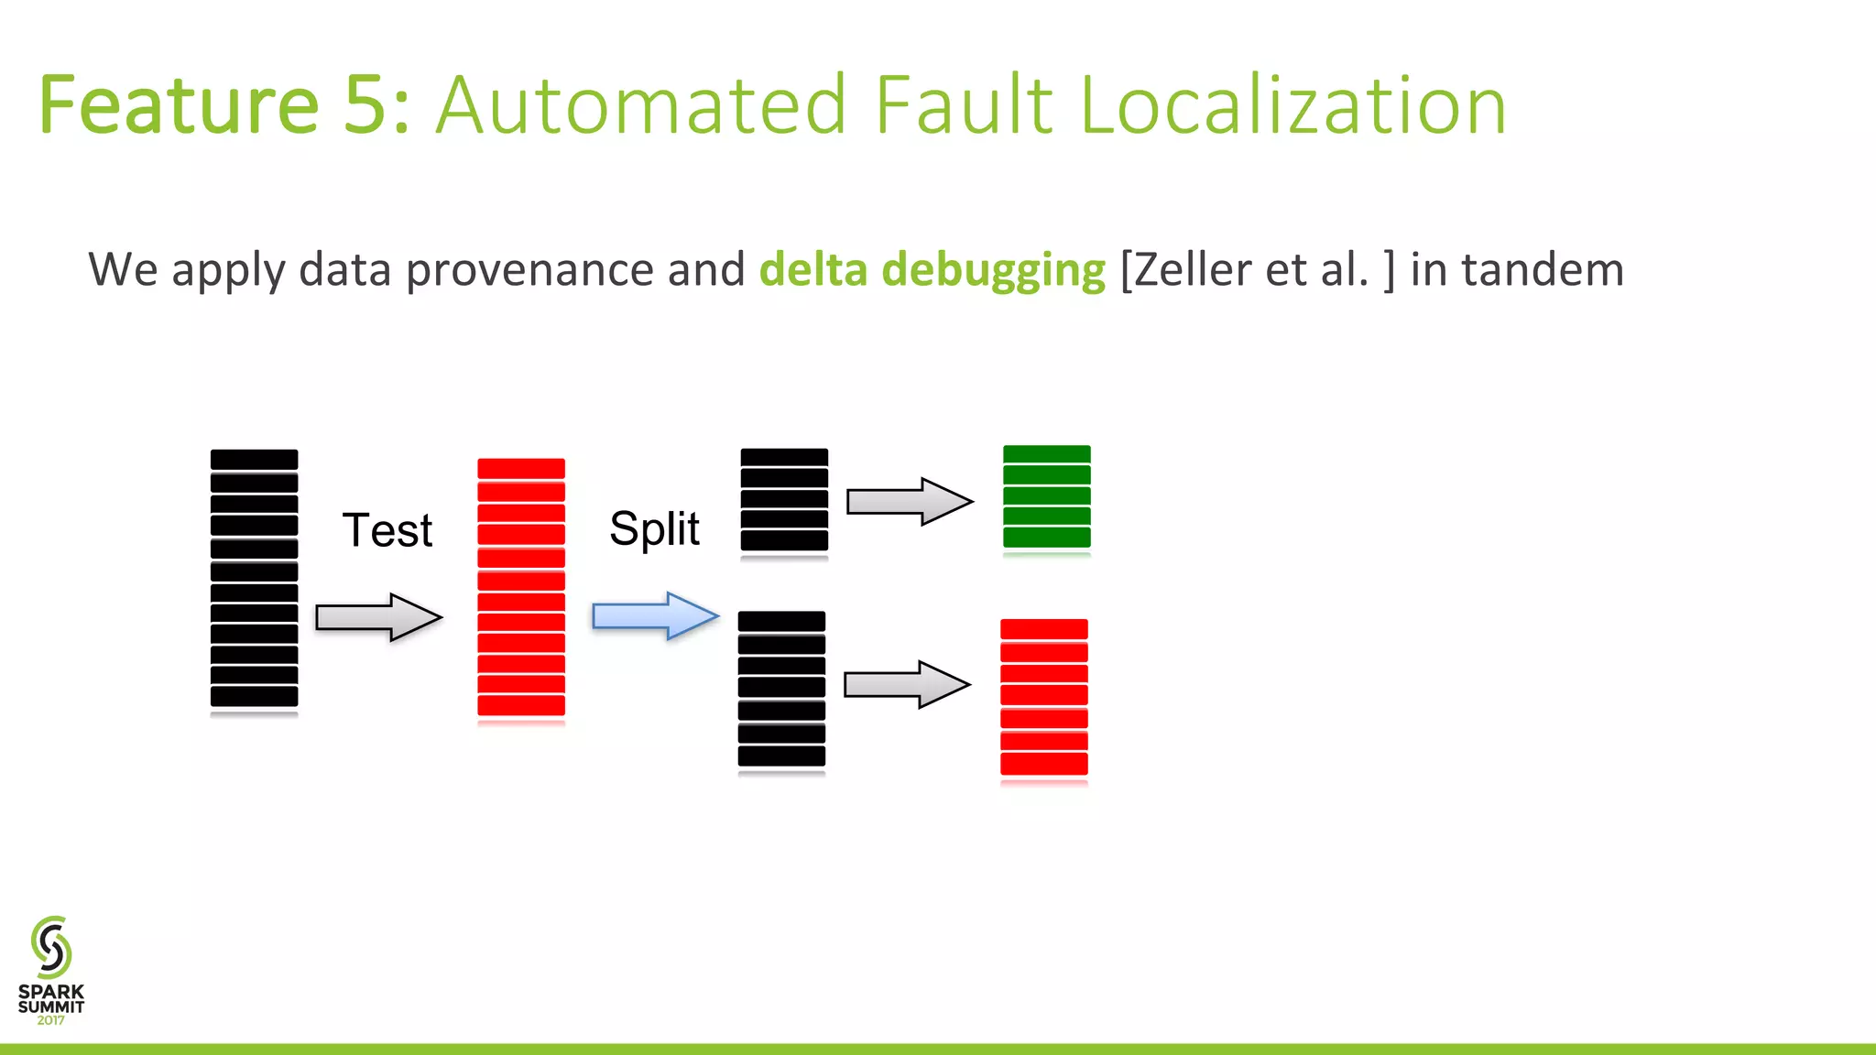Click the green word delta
click(x=813, y=270)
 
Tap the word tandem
click(x=1542, y=270)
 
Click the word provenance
click(x=529, y=270)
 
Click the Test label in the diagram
click(x=387, y=530)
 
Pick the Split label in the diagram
click(x=654, y=528)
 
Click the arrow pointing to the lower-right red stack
click(x=906, y=684)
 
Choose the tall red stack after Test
click(x=520, y=588)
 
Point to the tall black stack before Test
click(x=254, y=579)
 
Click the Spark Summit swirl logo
click(x=51, y=947)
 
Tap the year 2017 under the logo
click(x=51, y=1020)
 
